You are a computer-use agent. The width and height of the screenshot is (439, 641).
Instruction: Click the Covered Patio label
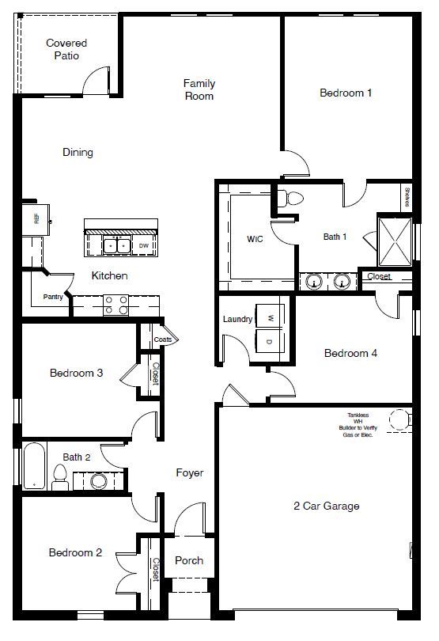pos(66,49)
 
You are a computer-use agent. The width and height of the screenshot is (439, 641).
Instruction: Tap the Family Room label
pos(199,89)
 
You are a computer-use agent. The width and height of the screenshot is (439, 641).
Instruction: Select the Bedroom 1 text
pos(346,93)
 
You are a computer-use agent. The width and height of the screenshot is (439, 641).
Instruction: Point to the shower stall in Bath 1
pos(394,241)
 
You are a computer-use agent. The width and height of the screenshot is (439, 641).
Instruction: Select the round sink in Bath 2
pos(98,480)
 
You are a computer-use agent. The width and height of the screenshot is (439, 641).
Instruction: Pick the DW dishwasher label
pos(144,246)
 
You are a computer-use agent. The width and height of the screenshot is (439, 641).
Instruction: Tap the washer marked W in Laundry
pos(270,318)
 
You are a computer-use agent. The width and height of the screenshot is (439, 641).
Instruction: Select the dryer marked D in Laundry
pos(270,342)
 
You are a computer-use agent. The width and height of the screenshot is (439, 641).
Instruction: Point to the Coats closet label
pos(163,339)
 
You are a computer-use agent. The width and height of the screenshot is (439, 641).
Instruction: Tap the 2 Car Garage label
pos(327,506)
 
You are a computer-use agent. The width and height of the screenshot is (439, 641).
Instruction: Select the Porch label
pos(188,560)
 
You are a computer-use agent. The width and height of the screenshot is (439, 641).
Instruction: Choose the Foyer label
pos(189,472)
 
